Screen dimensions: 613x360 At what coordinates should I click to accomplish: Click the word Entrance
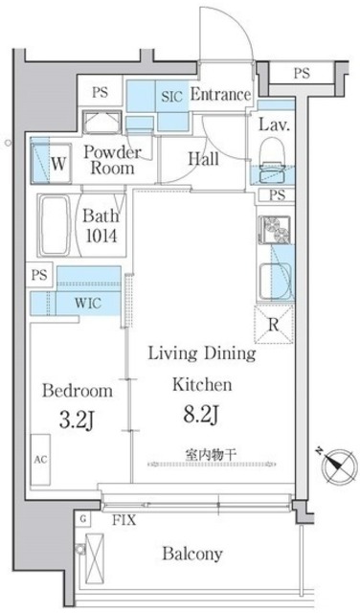pyautogui.click(x=220, y=95)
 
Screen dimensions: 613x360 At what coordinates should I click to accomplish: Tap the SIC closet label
pyautogui.click(x=171, y=96)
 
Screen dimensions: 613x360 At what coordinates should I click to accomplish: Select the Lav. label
pyautogui.click(x=276, y=125)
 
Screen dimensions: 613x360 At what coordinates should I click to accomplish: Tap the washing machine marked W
pyautogui.click(x=49, y=161)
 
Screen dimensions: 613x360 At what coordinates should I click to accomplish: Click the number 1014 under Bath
pyautogui.click(x=100, y=236)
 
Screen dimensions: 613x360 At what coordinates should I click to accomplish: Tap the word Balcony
pyautogui.click(x=192, y=554)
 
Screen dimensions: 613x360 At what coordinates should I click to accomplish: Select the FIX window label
pyautogui.click(x=122, y=521)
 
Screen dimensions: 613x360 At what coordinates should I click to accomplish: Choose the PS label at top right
pyautogui.click(x=302, y=72)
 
